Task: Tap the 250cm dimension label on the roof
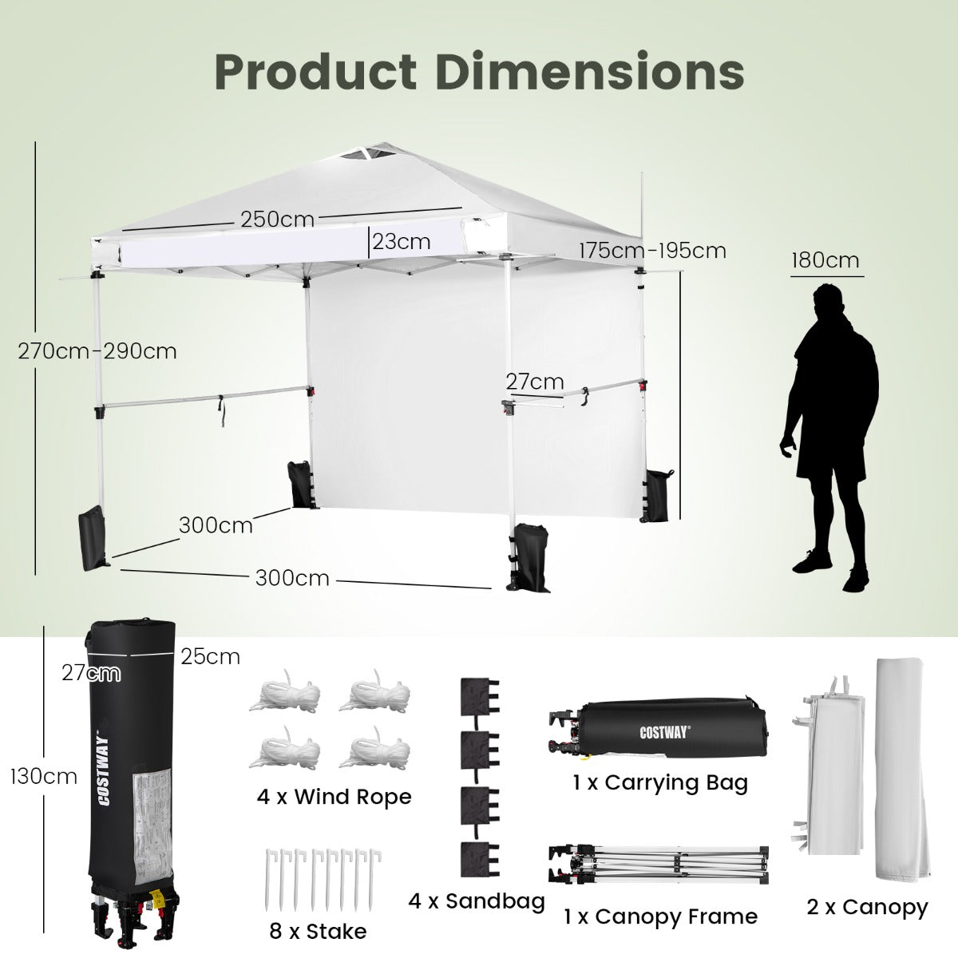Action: tap(277, 220)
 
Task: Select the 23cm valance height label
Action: tap(402, 242)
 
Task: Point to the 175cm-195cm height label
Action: tap(653, 251)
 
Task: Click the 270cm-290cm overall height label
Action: tap(97, 351)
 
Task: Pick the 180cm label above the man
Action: tap(825, 260)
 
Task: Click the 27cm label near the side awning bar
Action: tap(535, 382)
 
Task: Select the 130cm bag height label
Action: tap(44, 777)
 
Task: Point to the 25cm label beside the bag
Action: tap(210, 657)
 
